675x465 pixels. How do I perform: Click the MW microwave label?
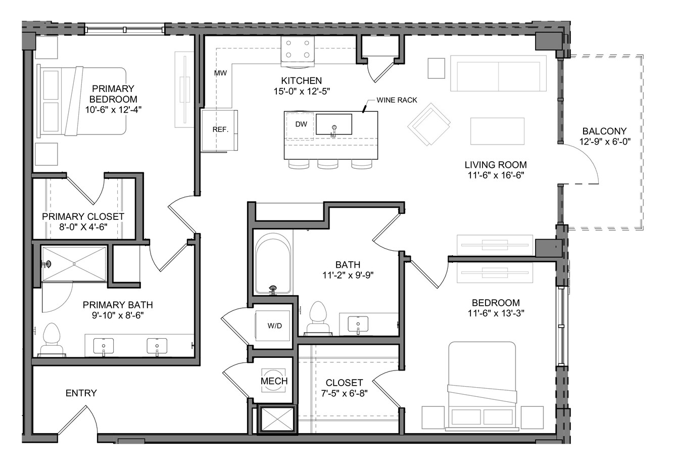coord(220,73)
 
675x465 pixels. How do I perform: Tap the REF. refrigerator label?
coord(220,129)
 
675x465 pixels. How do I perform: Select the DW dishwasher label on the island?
coord(301,124)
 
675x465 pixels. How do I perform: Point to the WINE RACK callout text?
coord(397,100)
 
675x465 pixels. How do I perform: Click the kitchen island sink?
coord(333,124)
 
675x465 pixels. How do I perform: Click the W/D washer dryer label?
coord(274,326)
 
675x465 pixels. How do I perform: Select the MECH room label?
coord(274,381)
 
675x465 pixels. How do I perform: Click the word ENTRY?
coord(81,393)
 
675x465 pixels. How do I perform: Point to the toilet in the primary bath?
coord(52,340)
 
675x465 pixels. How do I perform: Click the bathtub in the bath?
coord(273,263)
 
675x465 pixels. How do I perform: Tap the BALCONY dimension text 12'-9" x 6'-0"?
coord(605,142)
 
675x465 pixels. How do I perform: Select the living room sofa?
coord(498,73)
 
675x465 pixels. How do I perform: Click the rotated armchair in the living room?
coord(429,124)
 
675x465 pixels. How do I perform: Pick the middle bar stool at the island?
coord(327,164)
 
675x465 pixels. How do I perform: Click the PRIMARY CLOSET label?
coord(83,216)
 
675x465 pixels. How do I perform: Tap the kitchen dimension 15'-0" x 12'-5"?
coord(302,91)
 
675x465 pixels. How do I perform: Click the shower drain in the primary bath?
coord(74,264)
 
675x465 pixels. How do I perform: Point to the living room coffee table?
coord(497,131)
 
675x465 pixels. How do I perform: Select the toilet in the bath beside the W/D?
coord(318,319)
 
